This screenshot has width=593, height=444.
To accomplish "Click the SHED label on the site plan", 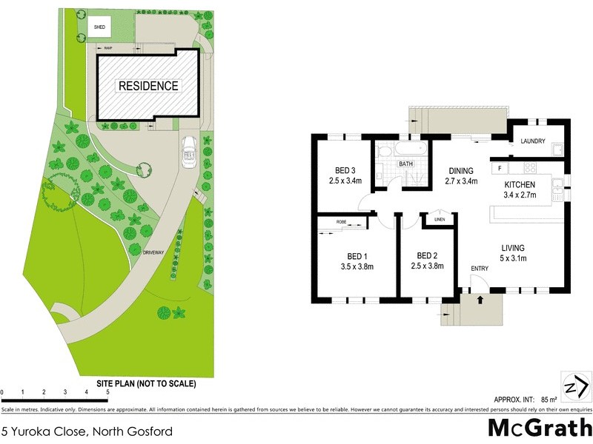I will (x=99, y=27).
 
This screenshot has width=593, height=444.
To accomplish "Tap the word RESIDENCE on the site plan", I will (x=148, y=86).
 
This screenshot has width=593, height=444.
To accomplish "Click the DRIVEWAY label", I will (x=154, y=253).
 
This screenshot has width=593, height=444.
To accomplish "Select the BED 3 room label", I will (x=344, y=169).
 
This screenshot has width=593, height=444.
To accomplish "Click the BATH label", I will (x=405, y=164).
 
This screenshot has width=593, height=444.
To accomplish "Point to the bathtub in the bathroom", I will (x=400, y=151).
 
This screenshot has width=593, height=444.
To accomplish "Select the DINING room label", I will (x=460, y=169).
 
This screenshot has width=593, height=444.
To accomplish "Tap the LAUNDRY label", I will (x=533, y=141).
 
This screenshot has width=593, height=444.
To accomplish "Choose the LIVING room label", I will (x=512, y=247).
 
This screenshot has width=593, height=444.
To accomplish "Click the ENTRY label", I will (x=480, y=268).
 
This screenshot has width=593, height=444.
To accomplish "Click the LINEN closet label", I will (x=438, y=220).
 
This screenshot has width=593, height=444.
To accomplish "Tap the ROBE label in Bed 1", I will (x=341, y=221).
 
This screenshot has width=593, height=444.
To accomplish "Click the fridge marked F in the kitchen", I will (x=500, y=169).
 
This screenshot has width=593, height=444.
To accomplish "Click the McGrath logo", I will (x=540, y=428).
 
